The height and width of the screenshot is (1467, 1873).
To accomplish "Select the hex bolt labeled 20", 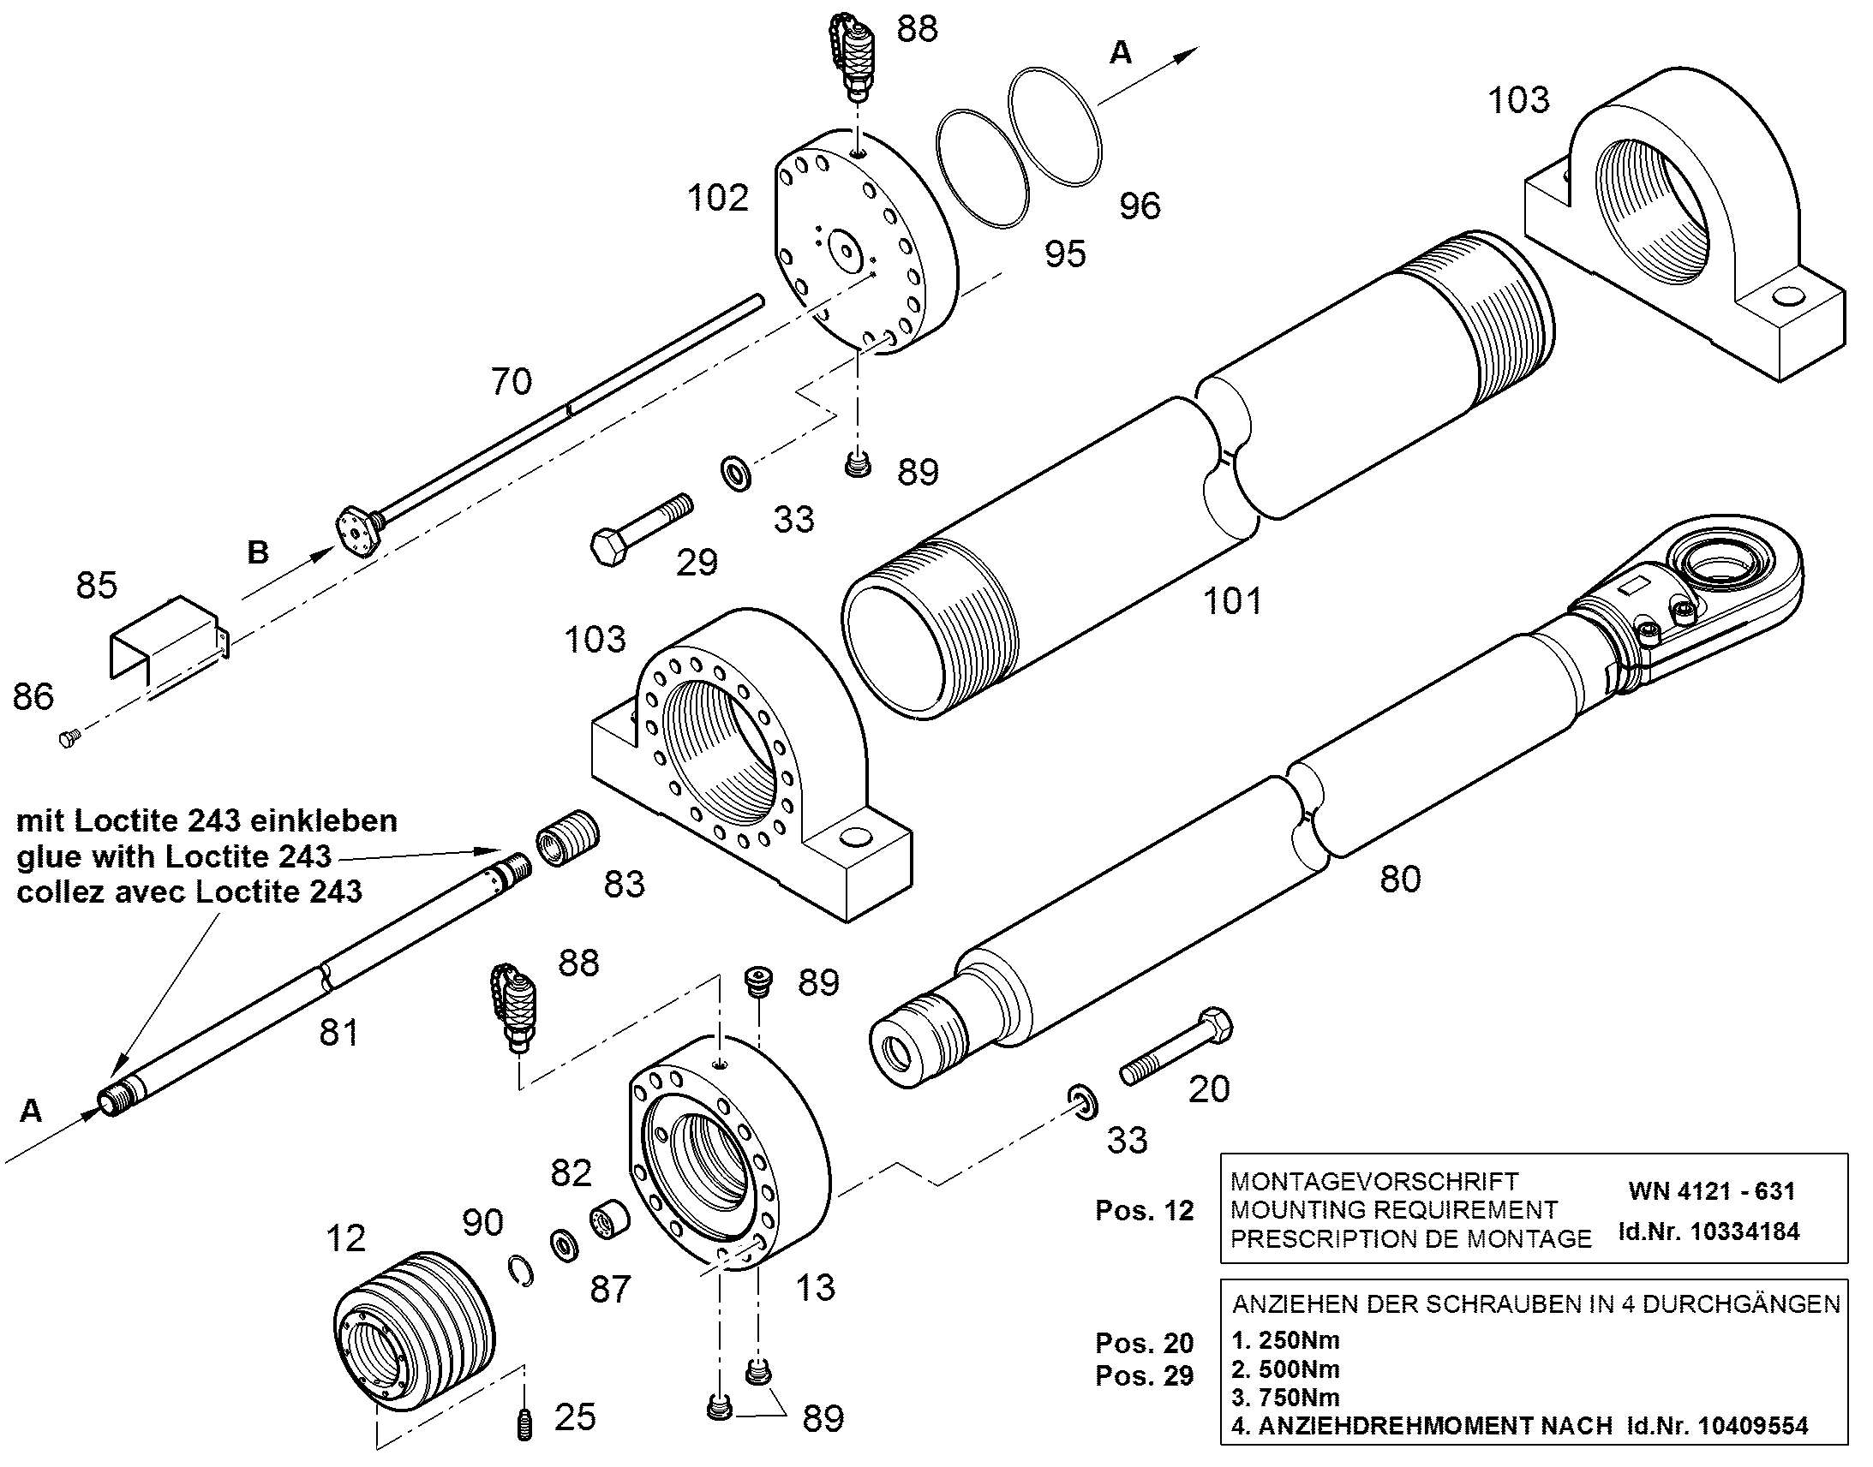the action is click(1176, 1047).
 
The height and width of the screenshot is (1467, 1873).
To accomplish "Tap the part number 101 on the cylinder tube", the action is click(1232, 600).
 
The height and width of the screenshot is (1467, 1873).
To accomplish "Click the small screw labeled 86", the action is click(69, 737).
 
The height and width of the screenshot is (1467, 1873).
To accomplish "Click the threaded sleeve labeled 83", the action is click(567, 838).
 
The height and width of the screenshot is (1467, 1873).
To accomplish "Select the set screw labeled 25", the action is click(524, 1426).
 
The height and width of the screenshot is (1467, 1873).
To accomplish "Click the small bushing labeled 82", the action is click(609, 1221).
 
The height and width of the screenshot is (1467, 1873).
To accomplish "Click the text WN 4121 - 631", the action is click(1711, 1191).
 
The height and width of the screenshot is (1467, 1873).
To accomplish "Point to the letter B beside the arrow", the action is click(258, 552).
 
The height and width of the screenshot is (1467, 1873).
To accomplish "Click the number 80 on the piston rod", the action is click(1399, 879).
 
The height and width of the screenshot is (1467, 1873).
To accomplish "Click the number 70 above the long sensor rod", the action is click(512, 380).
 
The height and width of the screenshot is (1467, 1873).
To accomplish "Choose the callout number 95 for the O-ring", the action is click(1065, 253).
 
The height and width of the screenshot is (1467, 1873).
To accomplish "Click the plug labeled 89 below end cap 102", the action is click(857, 465).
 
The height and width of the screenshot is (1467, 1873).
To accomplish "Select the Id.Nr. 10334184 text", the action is click(1708, 1231).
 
